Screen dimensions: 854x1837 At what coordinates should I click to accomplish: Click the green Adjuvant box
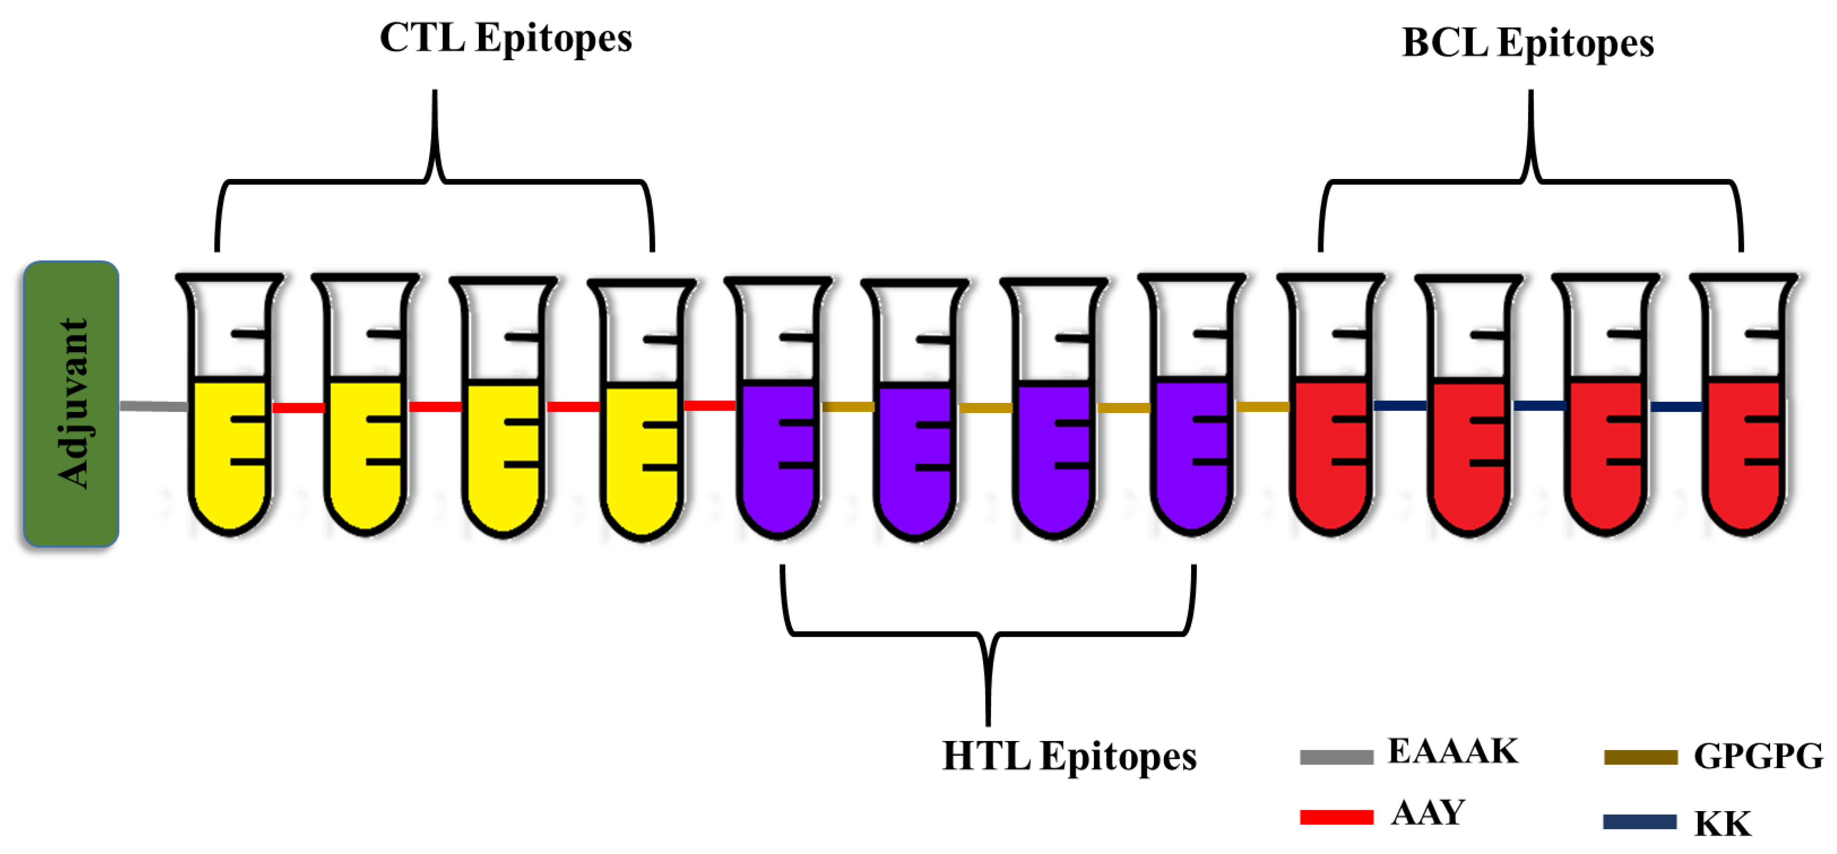pos(71,404)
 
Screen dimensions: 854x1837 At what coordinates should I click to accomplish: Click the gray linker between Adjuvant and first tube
pos(153,406)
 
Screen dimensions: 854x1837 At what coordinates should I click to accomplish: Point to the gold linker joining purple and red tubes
pos(1262,406)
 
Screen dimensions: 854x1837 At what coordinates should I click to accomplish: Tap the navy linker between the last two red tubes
pos(1676,406)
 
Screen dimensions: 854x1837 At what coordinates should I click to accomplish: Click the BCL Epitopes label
pos(1527,43)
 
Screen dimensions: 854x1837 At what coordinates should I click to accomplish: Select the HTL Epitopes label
pos(1069,756)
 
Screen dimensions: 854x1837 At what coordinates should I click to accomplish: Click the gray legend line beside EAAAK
pos(1336,757)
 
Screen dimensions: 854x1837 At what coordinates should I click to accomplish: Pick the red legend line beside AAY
pos(1336,817)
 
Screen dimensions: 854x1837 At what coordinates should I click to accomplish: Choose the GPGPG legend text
pos(1758,756)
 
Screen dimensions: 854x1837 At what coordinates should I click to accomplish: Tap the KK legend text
pos(1722,824)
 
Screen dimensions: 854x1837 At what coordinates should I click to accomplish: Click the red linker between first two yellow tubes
pos(298,407)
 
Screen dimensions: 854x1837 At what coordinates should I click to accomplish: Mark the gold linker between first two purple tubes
pos(848,406)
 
